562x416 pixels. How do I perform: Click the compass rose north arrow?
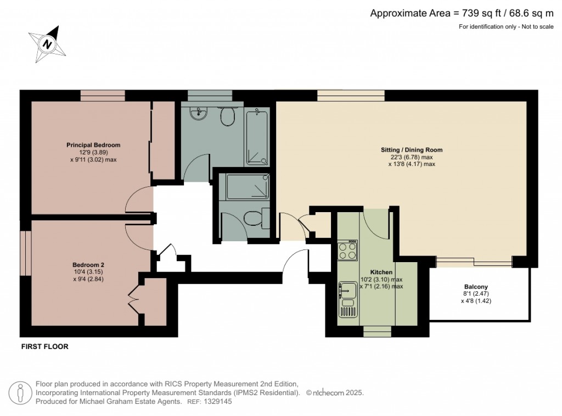pyautogui.click(x=48, y=43)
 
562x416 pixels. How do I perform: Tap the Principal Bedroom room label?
pyautogui.click(x=93, y=145)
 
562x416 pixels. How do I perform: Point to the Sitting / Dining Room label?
pyautogui.click(x=412, y=149)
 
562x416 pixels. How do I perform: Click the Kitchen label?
pyautogui.click(x=381, y=272)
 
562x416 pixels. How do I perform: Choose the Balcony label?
pyautogui.click(x=476, y=287)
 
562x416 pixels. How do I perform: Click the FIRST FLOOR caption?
pyautogui.click(x=44, y=347)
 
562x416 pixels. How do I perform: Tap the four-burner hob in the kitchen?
pyautogui.click(x=347, y=251)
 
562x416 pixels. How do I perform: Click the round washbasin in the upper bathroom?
pyautogui.click(x=199, y=113)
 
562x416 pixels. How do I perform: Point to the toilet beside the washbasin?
pyautogui.click(x=227, y=115)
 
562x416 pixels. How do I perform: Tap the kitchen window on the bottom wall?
pyautogui.click(x=377, y=331)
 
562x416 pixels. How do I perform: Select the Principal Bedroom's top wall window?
pyautogui.click(x=103, y=96)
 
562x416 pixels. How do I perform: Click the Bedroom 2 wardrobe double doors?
pyautogui.click(x=133, y=299)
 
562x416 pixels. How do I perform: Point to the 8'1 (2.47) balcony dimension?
pyautogui.click(x=476, y=294)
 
